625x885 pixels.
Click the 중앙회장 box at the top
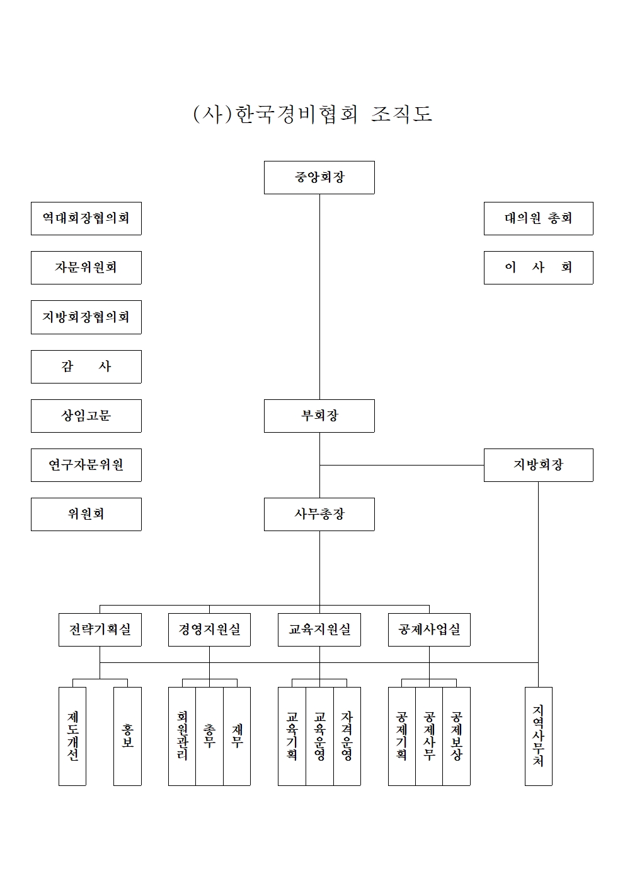point(319,177)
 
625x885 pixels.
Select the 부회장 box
point(319,416)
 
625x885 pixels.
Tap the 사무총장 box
point(319,514)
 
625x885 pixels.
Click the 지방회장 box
point(538,465)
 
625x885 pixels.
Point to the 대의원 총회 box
point(538,218)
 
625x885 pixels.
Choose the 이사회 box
point(538,267)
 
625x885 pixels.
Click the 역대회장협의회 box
point(86,218)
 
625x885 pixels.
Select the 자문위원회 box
point(86,267)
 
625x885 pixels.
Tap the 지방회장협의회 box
point(86,317)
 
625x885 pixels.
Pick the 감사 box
point(86,366)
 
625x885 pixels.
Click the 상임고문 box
point(86,416)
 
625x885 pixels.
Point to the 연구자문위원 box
point(86,465)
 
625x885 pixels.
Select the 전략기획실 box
point(100,630)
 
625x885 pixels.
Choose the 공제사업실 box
point(429,630)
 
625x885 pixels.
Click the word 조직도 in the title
point(402,114)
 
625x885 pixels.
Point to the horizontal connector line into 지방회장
point(402,465)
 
